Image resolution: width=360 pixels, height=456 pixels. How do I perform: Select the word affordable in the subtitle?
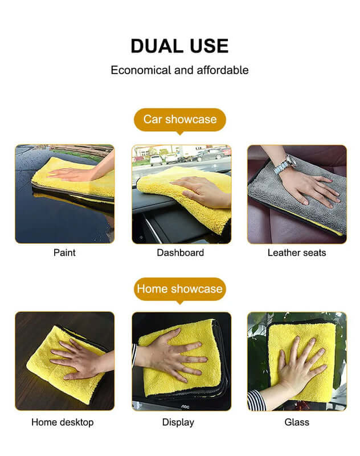(x=223, y=70)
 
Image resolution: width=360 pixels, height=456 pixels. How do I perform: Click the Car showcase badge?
(x=180, y=120)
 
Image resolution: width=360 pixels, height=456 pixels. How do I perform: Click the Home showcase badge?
(x=180, y=289)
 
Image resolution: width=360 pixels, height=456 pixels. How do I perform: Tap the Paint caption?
(x=64, y=253)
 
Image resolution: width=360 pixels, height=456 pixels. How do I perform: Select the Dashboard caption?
(x=181, y=253)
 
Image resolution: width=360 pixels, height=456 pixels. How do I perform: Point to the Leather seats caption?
(x=297, y=253)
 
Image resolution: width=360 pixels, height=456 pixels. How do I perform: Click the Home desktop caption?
(x=63, y=422)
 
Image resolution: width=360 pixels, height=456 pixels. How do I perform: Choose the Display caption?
(x=178, y=422)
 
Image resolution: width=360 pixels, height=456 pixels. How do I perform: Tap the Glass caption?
(x=297, y=422)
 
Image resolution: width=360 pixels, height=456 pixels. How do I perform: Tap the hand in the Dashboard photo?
(x=201, y=190)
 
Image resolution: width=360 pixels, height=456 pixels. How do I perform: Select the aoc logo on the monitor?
(x=185, y=406)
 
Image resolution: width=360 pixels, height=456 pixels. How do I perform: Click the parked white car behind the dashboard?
(x=156, y=160)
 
